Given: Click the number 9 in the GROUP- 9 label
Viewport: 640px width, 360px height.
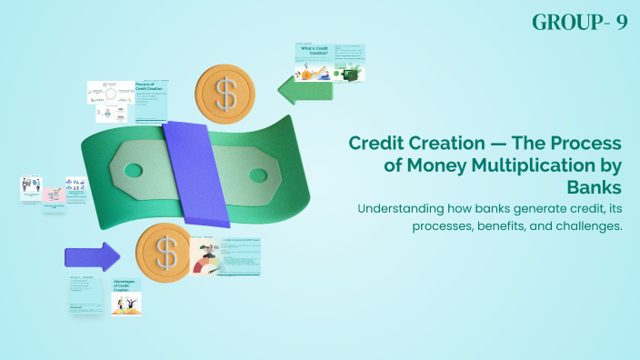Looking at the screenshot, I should click(x=622, y=23).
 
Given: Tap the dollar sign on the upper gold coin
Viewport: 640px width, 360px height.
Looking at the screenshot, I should click(x=222, y=91).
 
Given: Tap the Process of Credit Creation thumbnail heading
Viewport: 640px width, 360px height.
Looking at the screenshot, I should click(x=149, y=89).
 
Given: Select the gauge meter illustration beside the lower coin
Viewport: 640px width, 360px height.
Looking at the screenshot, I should click(x=207, y=260).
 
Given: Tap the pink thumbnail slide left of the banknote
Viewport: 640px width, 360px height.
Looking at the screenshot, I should click(x=54, y=193).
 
